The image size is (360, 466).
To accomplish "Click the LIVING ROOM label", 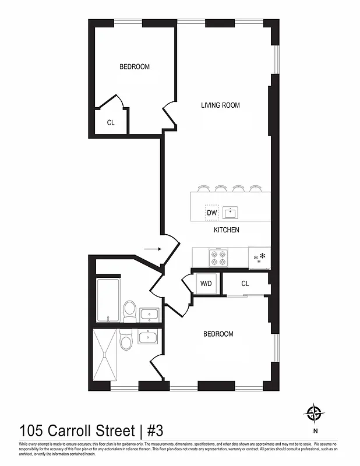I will (x=220, y=105).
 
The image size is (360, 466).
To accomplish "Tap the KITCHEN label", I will (x=227, y=230).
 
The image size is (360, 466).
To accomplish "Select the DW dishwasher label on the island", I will (x=212, y=213).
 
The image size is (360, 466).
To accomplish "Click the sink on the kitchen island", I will (x=232, y=213).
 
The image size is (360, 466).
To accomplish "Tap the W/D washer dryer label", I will (x=206, y=284).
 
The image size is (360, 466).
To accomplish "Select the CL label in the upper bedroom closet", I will (x=111, y=123).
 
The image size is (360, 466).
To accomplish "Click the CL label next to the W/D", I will (x=245, y=284).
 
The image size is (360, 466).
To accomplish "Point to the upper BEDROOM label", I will (x=135, y=67).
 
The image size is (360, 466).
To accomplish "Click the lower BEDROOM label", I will (x=218, y=334).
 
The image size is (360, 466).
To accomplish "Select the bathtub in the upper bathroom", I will (x=108, y=299).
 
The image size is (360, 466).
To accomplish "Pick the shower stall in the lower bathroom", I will (x=105, y=355).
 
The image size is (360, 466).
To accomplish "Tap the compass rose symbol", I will (x=315, y=413).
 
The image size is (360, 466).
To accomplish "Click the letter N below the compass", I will (x=315, y=432).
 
